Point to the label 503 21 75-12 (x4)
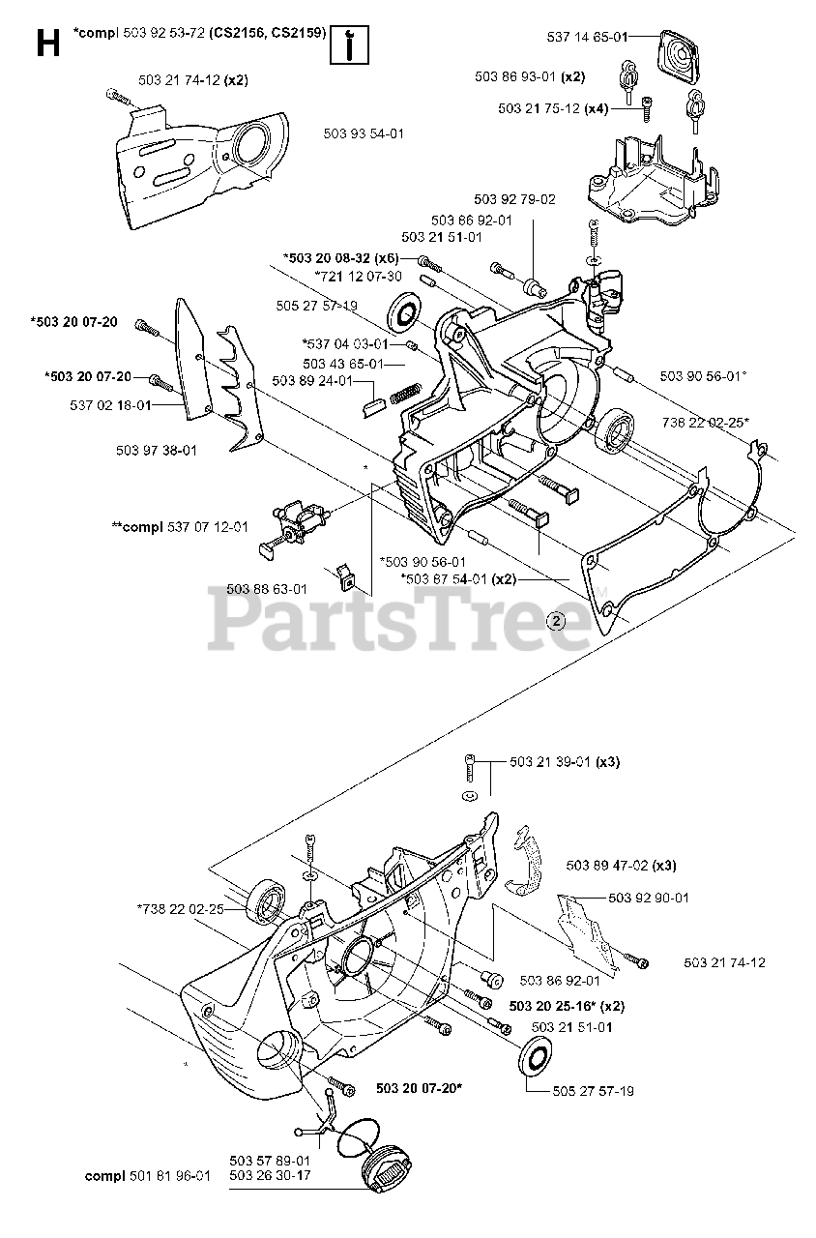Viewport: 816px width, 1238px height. point(553,108)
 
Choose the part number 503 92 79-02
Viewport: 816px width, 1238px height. point(513,199)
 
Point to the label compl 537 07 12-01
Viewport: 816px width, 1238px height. point(180,527)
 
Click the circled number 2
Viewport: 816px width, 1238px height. point(556,621)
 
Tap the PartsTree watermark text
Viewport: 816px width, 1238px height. point(400,621)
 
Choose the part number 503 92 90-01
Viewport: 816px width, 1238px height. point(649,898)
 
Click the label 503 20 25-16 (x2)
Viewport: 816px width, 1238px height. point(566,1004)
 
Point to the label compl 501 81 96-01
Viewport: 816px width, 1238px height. point(147,1176)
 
